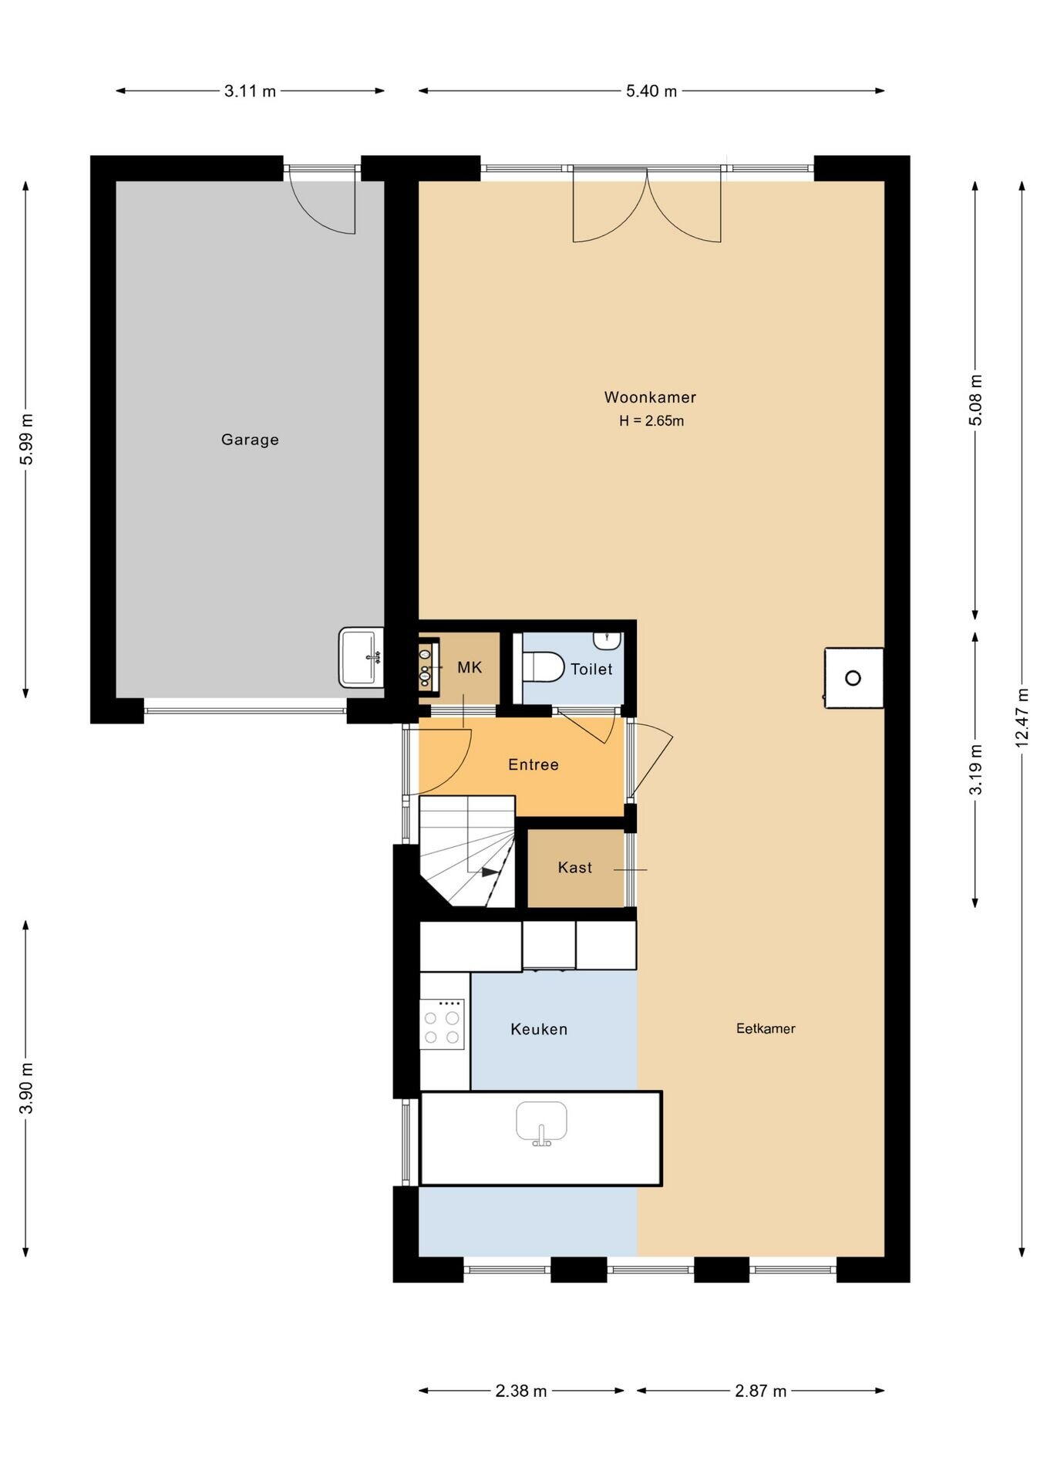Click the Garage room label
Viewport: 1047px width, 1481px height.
pos(250,440)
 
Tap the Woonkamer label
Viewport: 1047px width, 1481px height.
pos(650,397)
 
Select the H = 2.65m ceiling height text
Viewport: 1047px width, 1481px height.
pos(651,421)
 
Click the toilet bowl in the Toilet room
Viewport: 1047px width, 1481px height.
pos(543,666)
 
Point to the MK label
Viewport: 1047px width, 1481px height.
pos(470,667)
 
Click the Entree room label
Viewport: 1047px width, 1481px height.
pos(534,764)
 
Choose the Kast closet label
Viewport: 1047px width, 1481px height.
pos(575,868)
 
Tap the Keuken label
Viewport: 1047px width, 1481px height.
pos(539,1029)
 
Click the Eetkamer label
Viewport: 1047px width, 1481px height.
pos(766,1028)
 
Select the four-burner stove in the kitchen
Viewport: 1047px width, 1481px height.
pos(442,1024)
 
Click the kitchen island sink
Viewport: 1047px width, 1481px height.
pos(541,1124)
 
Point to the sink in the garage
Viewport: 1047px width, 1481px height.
pos(361,657)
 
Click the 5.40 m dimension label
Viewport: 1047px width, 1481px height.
pos(651,91)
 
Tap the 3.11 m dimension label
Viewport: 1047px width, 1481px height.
pos(250,91)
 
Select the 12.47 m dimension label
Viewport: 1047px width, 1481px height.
pos(1022,717)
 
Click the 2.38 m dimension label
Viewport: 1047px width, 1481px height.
pos(521,1391)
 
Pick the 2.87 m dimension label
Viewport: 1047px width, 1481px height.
pos(761,1391)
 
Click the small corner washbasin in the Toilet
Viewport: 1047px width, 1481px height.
pos(608,640)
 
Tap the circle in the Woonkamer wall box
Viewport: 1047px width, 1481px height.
pos(853,678)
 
